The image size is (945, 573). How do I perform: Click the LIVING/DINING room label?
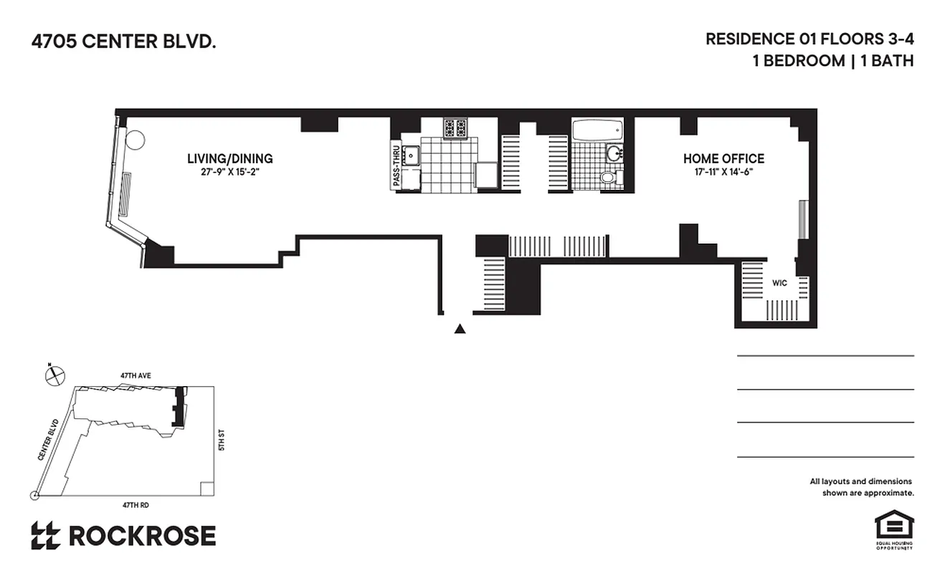[x=229, y=158]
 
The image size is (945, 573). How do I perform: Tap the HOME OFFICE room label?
[x=723, y=158]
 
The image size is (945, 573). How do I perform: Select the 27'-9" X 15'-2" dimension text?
[x=229, y=172]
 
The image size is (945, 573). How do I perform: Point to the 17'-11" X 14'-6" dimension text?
[x=723, y=172]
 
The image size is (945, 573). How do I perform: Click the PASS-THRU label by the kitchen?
[x=395, y=166]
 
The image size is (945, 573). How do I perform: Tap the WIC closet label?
[x=779, y=283]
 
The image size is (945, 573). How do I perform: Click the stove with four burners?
[x=454, y=128]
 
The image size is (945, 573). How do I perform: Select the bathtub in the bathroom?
[x=597, y=130]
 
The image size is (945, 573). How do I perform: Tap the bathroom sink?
[x=614, y=153]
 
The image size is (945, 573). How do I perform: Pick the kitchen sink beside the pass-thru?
[x=411, y=155]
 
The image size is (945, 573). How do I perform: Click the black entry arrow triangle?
[x=460, y=329]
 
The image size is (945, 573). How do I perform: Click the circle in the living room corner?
[x=136, y=139]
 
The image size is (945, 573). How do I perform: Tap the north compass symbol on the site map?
[x=53, y=375]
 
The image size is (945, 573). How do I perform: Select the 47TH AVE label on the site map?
[x=136, y=375]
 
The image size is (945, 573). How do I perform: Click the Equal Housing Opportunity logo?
[x=893, y=529]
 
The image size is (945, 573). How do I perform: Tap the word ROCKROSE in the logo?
[x=142, y=536]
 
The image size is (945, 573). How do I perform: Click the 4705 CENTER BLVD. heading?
[x=123, y=42]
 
